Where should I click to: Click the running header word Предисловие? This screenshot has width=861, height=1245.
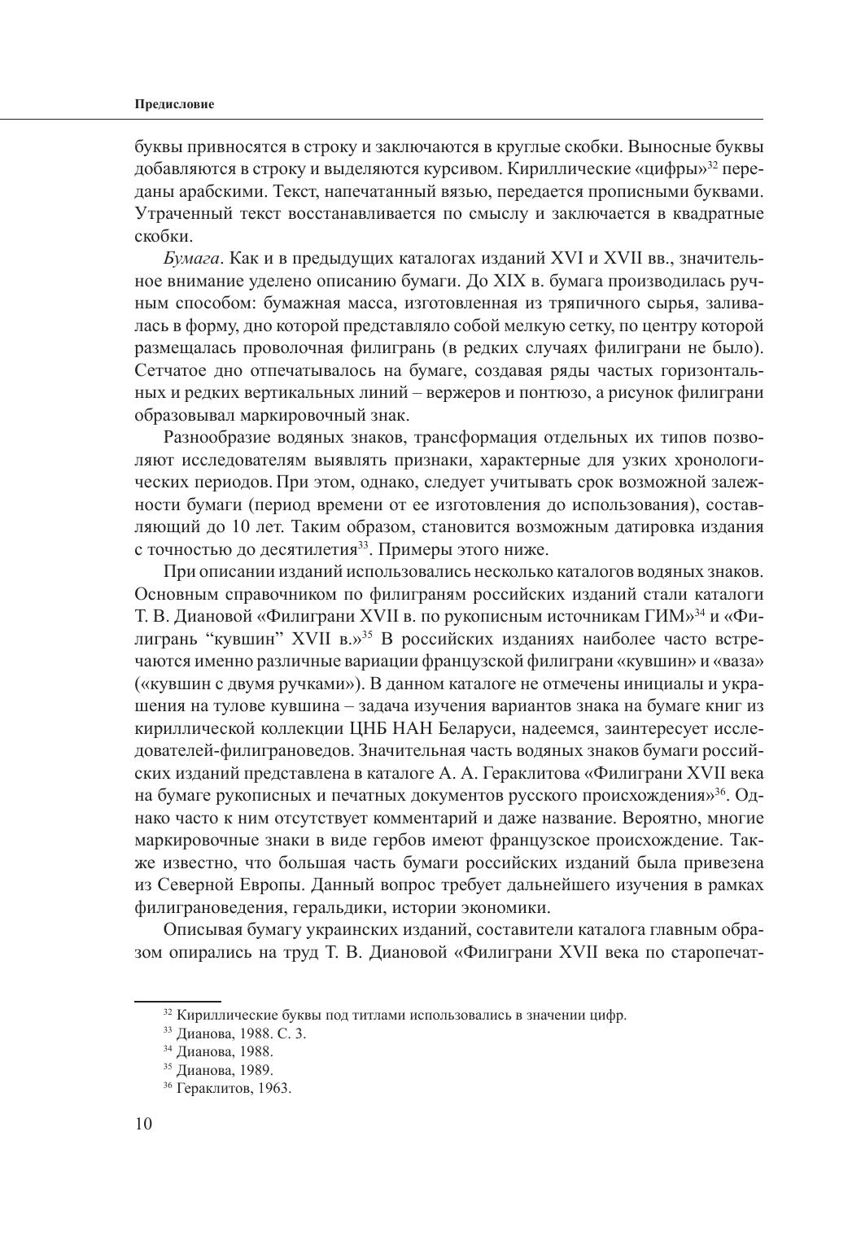tap(173, 105)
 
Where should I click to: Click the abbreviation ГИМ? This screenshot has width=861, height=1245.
tap(667, 591)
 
